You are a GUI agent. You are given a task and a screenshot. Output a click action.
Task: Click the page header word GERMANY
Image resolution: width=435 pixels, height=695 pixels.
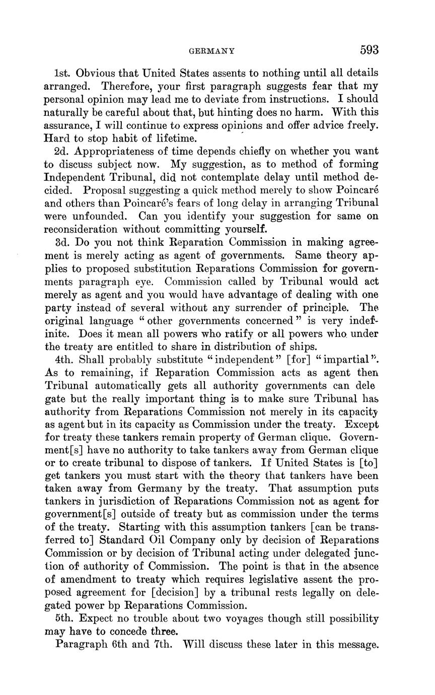211,51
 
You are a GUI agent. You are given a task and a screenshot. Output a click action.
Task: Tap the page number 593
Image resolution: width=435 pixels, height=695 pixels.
369,50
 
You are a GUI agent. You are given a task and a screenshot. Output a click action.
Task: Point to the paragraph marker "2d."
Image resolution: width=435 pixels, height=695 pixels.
63,151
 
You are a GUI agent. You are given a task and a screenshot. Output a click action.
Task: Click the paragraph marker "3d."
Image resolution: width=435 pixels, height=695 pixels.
64,242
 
